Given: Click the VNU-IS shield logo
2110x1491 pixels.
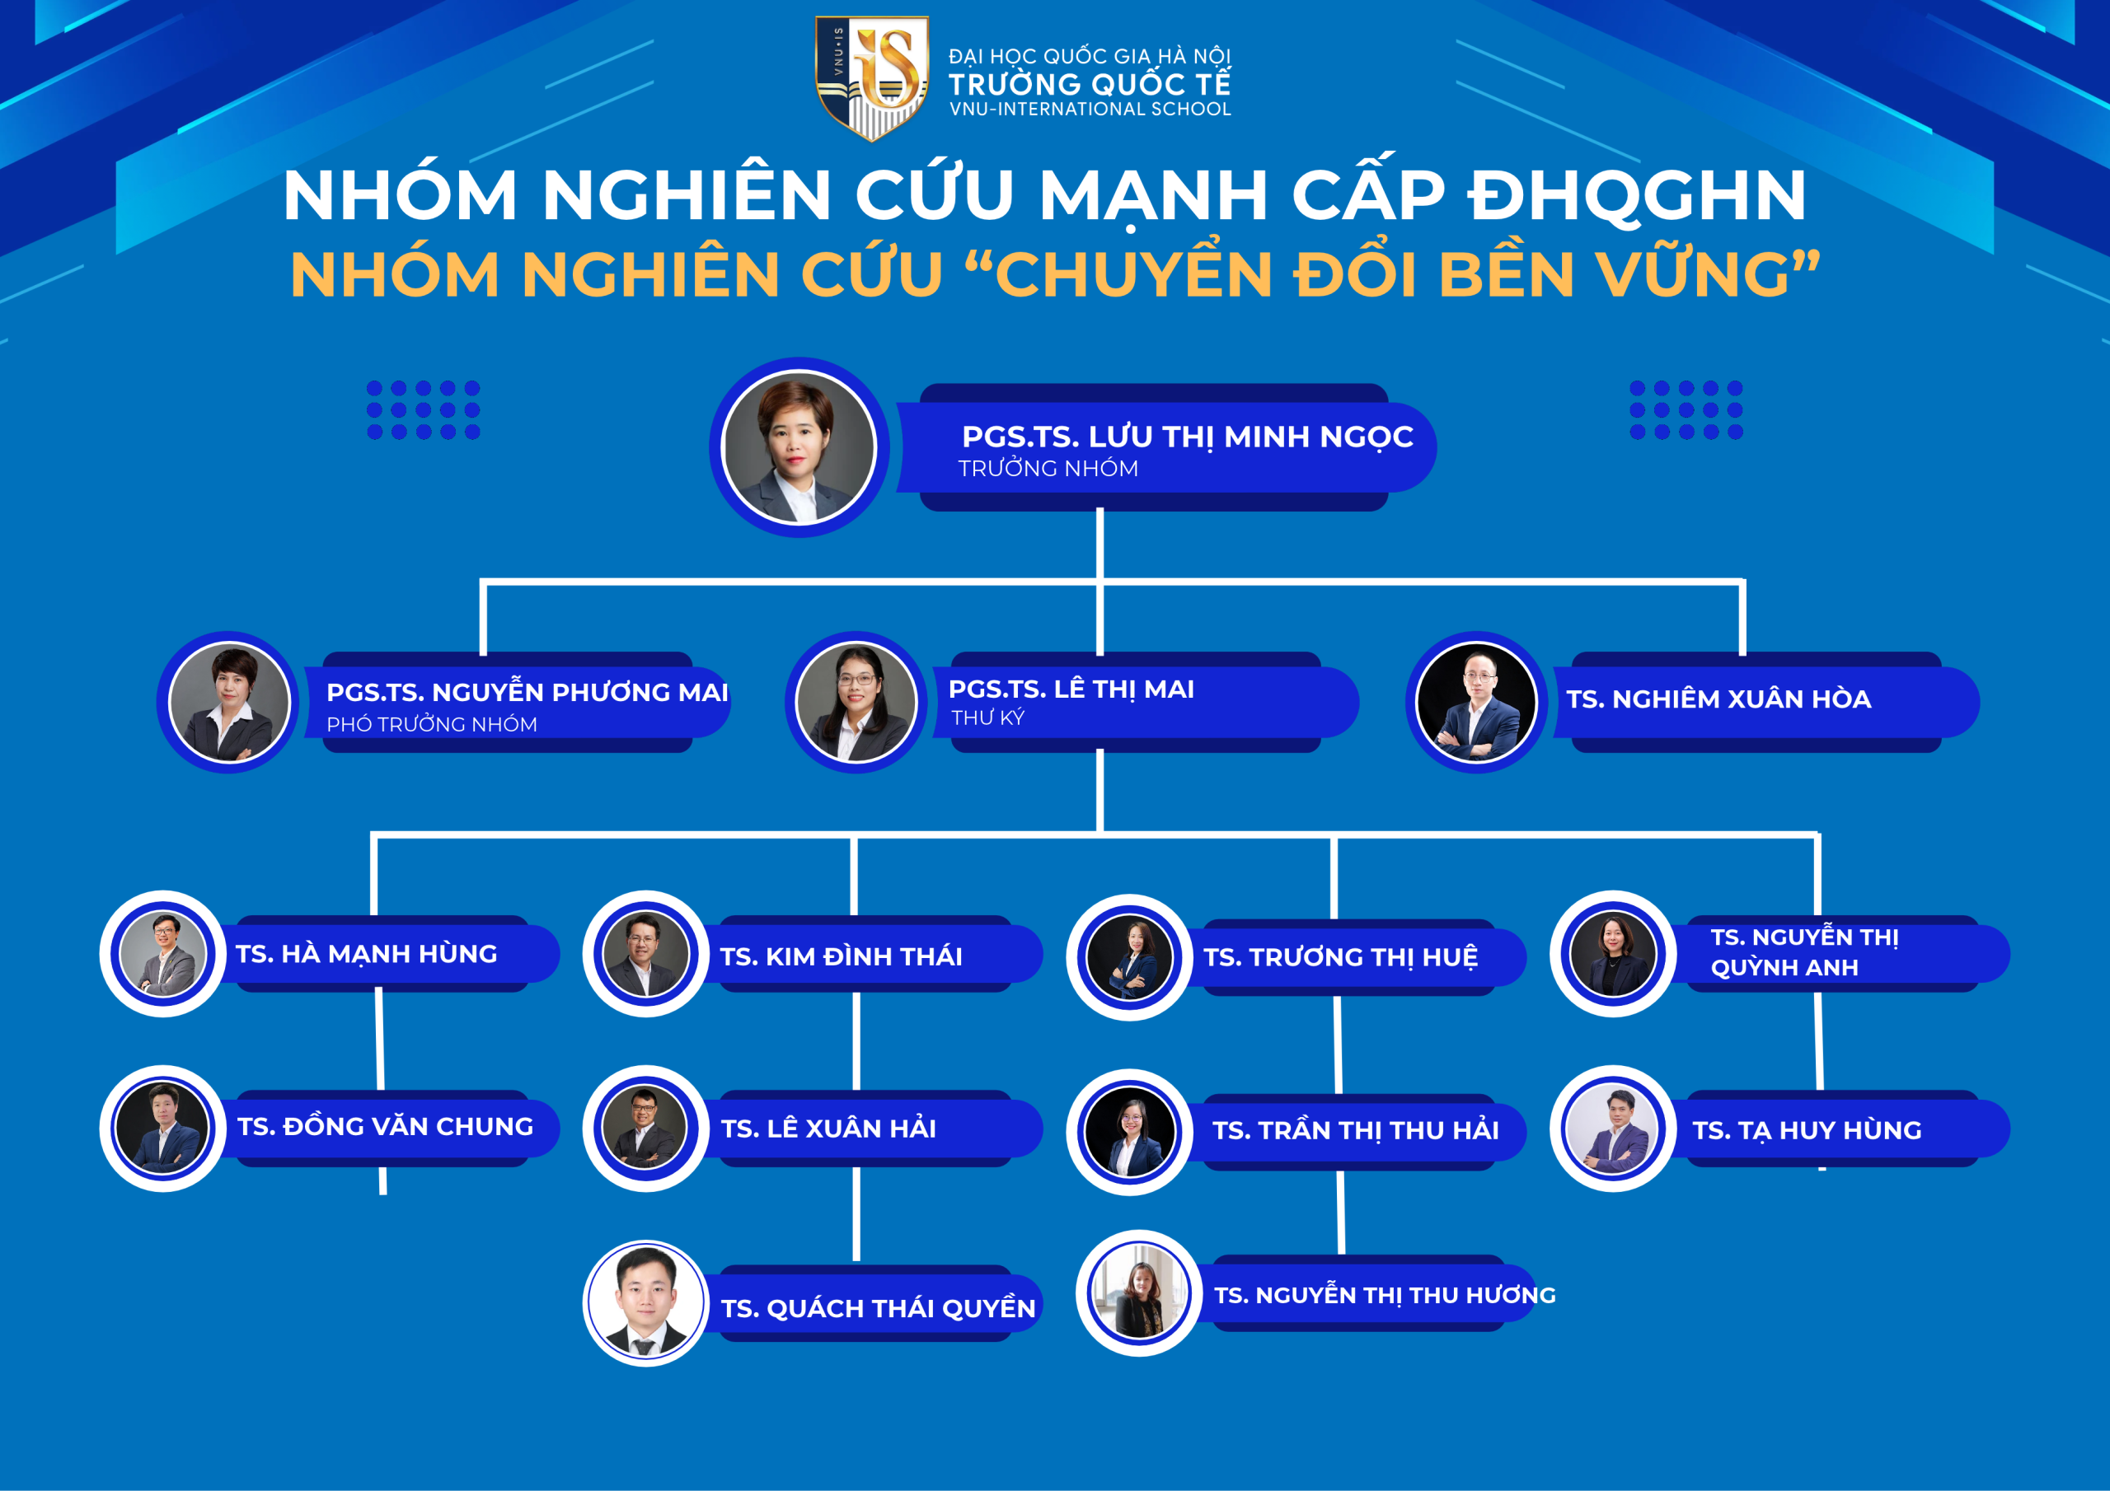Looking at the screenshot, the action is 872,78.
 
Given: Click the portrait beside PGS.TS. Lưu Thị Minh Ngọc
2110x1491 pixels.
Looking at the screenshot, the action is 799,447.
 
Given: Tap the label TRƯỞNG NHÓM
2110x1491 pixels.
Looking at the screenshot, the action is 1048,469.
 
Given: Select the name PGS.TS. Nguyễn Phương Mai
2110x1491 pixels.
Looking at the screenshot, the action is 527,692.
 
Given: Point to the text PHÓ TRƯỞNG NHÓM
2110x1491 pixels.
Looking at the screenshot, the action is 432,724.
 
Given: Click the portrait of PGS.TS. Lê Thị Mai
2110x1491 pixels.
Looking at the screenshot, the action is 856,702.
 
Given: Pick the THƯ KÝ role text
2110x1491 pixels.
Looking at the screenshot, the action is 988,717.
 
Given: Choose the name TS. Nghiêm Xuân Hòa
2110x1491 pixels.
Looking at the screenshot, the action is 1718,699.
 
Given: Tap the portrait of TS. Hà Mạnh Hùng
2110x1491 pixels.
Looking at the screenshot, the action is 162,954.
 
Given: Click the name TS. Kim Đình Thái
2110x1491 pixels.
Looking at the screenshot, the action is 841,956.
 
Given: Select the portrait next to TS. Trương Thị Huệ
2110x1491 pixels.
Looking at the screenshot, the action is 1129,957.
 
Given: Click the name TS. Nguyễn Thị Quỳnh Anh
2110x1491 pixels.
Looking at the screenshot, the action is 1804,951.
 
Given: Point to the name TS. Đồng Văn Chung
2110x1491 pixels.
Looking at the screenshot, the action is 385,1126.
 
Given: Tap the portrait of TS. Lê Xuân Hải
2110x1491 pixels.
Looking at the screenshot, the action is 645,1128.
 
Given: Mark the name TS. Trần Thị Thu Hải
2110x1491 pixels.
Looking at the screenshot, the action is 1356,1130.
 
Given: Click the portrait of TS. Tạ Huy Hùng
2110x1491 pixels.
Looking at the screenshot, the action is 1613,1128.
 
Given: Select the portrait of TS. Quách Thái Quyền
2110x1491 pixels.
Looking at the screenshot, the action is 645,1302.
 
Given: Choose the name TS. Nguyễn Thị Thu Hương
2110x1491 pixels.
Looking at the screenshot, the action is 1385,1295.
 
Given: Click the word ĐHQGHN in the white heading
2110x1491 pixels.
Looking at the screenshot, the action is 1637,196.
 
